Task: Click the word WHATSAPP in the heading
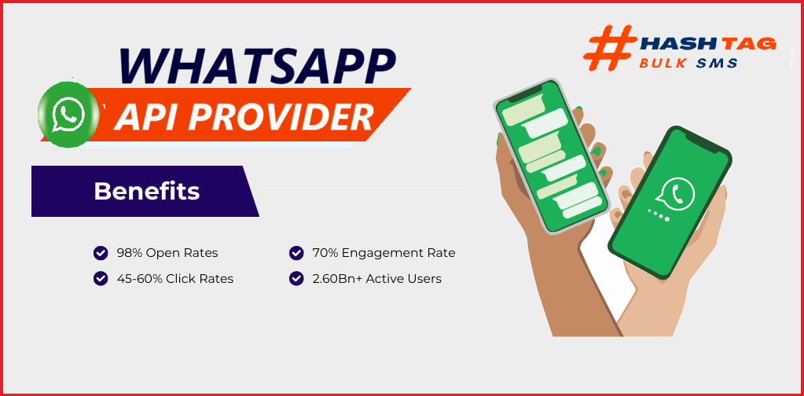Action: pos(258,66)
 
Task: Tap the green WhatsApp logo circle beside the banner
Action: pos(68,114)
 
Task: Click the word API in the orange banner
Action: pos(145,118)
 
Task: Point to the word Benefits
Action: pos(147,191)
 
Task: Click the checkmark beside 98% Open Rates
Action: pos(101,252)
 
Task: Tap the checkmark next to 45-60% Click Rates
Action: pos(101,279)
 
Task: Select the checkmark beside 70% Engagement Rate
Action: pos(296,252)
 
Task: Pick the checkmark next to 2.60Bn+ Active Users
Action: pos(296,279)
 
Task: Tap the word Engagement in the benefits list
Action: pos(384,253)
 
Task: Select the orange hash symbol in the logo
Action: pos(609,47)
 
